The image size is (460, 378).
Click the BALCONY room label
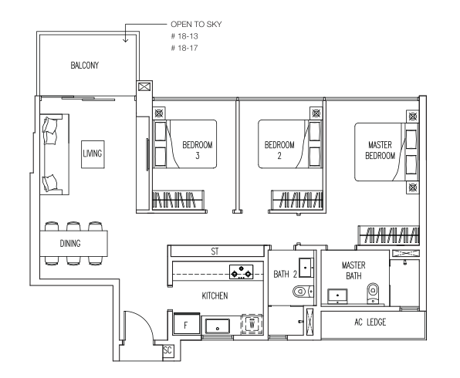point(84,65)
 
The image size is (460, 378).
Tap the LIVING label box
point(93,154)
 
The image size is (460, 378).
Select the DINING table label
point(70,244)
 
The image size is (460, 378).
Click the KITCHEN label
point(215,295)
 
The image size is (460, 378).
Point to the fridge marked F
point(187,324)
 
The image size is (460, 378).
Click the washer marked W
point(252,324)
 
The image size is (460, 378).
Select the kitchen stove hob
point(241,272)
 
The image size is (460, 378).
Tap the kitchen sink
point(218,326)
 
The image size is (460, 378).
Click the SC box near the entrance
point(167,350)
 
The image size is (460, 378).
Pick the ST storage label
point(215,251)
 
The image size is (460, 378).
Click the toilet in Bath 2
point(303,292)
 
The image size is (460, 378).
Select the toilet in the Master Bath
point(373,292)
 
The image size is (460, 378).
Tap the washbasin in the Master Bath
point(337,296)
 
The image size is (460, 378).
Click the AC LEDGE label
point(370,322)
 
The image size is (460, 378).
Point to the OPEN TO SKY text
point(196,24)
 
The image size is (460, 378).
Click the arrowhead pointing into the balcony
point(125,40)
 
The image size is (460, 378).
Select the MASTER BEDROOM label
point(381,150)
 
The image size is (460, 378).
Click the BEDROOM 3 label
point(198,150)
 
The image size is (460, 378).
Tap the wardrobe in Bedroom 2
point(296,201)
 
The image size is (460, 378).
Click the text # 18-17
point(184,48)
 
